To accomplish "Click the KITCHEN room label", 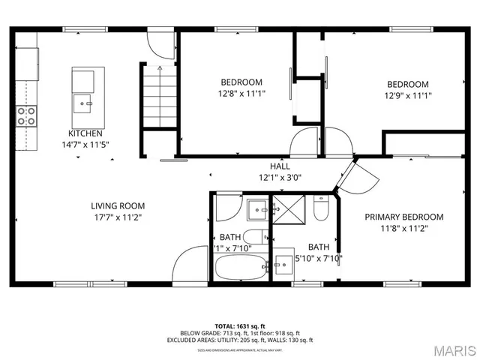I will [86, 133].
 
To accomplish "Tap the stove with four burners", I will [26, 115].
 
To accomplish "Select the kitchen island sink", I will [82, 101].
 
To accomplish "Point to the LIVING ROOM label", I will [118, 205].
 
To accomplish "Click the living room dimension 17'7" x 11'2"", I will [118, 217].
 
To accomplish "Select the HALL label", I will [280, 166].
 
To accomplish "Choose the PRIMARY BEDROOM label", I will [403, 217].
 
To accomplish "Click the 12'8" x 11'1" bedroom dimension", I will [241, 94].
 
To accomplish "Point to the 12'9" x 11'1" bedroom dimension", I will [407, 95].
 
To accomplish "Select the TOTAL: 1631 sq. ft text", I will [240, 326].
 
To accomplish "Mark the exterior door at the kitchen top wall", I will [160, 42].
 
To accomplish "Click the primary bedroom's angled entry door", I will [365, 175].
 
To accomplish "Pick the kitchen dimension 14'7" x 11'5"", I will [86, 144].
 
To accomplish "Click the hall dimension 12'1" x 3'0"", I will [280, 178].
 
